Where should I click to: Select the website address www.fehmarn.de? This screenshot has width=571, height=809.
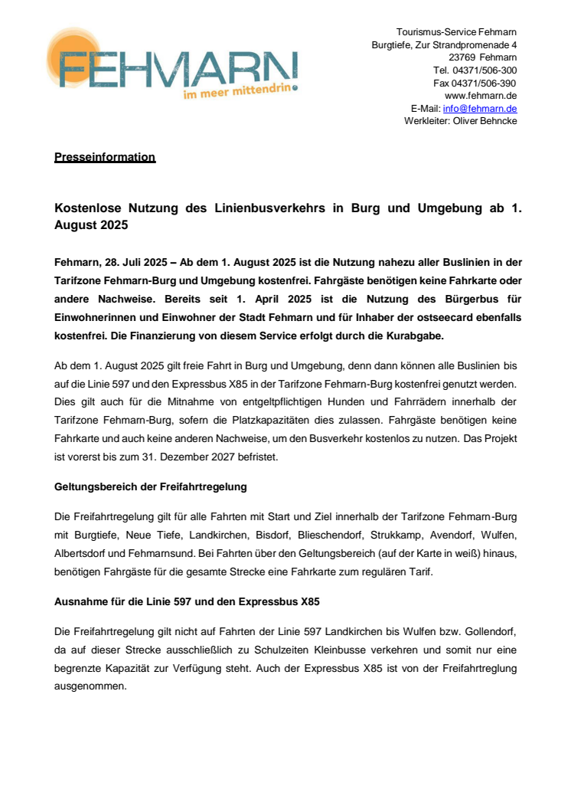[481, 96]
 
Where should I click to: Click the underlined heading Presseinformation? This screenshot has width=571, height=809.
[105, 158]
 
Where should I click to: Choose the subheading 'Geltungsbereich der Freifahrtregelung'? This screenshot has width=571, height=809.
[150, 486]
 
